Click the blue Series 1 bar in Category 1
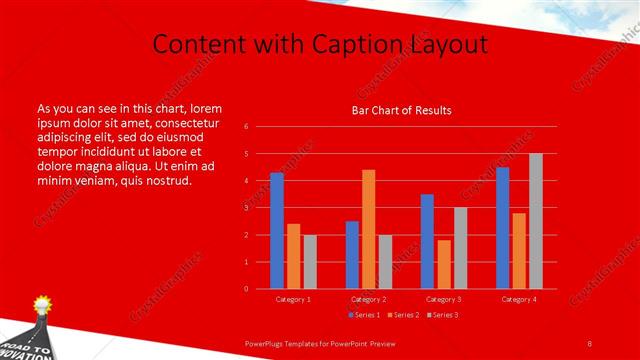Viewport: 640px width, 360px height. pyautogui.click(x=277, y=231)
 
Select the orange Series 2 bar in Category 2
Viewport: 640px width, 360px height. pyautogui.click(x=369, y=229)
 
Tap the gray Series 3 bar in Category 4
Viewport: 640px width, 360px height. pyautogui.click(x=536, y=221)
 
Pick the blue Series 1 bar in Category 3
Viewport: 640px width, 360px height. pyautogui.click(x=427, y=241)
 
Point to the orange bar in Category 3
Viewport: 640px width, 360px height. pyautogui.click(x=444, y=264)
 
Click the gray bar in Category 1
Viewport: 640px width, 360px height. pyautogui.click(x=310, y=261)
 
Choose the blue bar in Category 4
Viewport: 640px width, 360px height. pyautogui.click(x=502, y=228)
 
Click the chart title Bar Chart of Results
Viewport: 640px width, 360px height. pyautogui.click(x=401, y=110)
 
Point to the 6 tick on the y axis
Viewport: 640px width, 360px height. pyautogui.click(x=246, y=127)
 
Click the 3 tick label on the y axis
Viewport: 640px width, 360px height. pyautogui.click(x=246, y=208)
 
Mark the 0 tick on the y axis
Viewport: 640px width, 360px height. pyautogui.click(x=246, y=289)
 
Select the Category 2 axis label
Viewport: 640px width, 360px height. pyautogui.click(x=368, y=299)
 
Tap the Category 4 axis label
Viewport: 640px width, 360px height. pyautogui.click(x=518, y=299)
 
